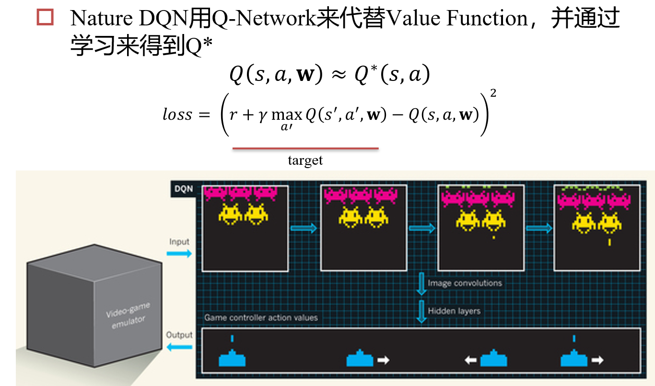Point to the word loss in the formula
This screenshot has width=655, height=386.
click(177, 115)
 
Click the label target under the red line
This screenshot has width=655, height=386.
click(305, 160)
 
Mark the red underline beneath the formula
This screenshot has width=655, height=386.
click(305, 148)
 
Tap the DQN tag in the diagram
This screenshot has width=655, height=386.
click(183, 189)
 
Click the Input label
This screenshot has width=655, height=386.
click(179, 242)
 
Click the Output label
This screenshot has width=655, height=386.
click(179, 335)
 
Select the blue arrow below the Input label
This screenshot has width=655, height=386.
click(179, 253)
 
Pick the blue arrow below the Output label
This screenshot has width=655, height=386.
click(179, 347)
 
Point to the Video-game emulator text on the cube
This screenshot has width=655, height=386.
click(126, 318)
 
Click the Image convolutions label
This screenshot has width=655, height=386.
click(465, 283)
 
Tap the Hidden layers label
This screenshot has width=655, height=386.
click(454, 311)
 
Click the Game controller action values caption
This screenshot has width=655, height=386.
click(261, 318)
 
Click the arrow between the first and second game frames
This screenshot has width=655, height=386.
click(304, 228)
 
